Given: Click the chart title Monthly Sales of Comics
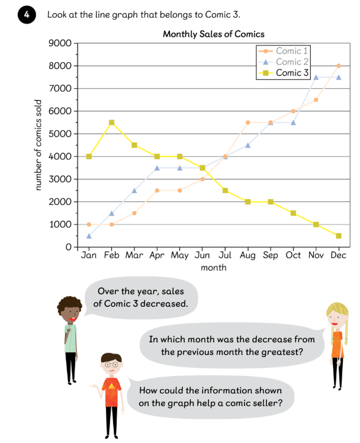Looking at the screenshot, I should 213,34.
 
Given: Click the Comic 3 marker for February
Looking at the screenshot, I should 111,123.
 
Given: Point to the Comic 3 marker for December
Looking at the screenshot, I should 339,236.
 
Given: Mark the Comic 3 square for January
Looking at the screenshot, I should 89,156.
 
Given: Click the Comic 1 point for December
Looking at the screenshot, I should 339,66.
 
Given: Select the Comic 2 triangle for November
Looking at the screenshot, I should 316,77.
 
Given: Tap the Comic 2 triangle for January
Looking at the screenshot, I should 89,236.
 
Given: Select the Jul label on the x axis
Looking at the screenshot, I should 225,256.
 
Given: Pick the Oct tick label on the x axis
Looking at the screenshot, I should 293,256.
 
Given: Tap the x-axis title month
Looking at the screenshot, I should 214,268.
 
